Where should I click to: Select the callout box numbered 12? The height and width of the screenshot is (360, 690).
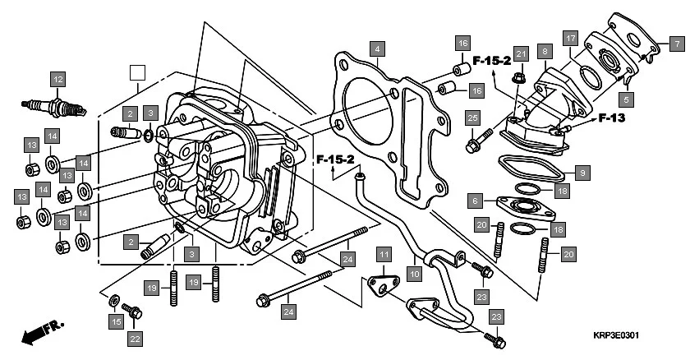(x=57, y=80)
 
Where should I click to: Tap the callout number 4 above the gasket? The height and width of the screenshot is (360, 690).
(x=376, y=49)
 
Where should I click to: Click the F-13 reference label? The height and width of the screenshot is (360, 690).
(x=612, y=118)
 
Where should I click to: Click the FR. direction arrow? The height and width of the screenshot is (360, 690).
(x=43, y=332)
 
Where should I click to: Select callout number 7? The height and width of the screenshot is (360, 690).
(x=674, y=44)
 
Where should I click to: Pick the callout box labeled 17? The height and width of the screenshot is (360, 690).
(x=569, y=39)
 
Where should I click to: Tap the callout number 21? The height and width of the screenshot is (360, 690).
(x=520, y=54)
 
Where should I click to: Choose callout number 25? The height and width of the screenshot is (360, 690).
(x=471, y=119)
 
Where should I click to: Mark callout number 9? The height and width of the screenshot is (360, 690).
(x=582, y=173)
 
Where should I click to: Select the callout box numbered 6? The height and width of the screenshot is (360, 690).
(x=475, y=200)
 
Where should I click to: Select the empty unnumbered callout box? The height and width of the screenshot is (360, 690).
(x=138, y=71)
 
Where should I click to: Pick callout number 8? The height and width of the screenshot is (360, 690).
(x=543, y=51)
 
